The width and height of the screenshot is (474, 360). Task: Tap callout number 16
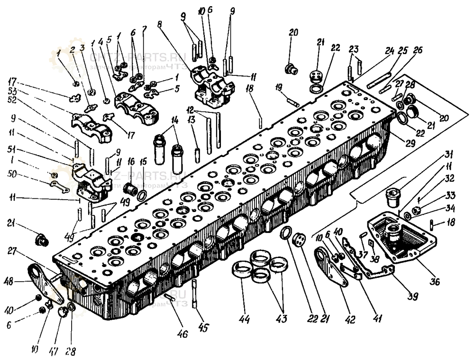[131, 161]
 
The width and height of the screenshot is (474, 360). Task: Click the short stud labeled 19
[292, 101]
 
